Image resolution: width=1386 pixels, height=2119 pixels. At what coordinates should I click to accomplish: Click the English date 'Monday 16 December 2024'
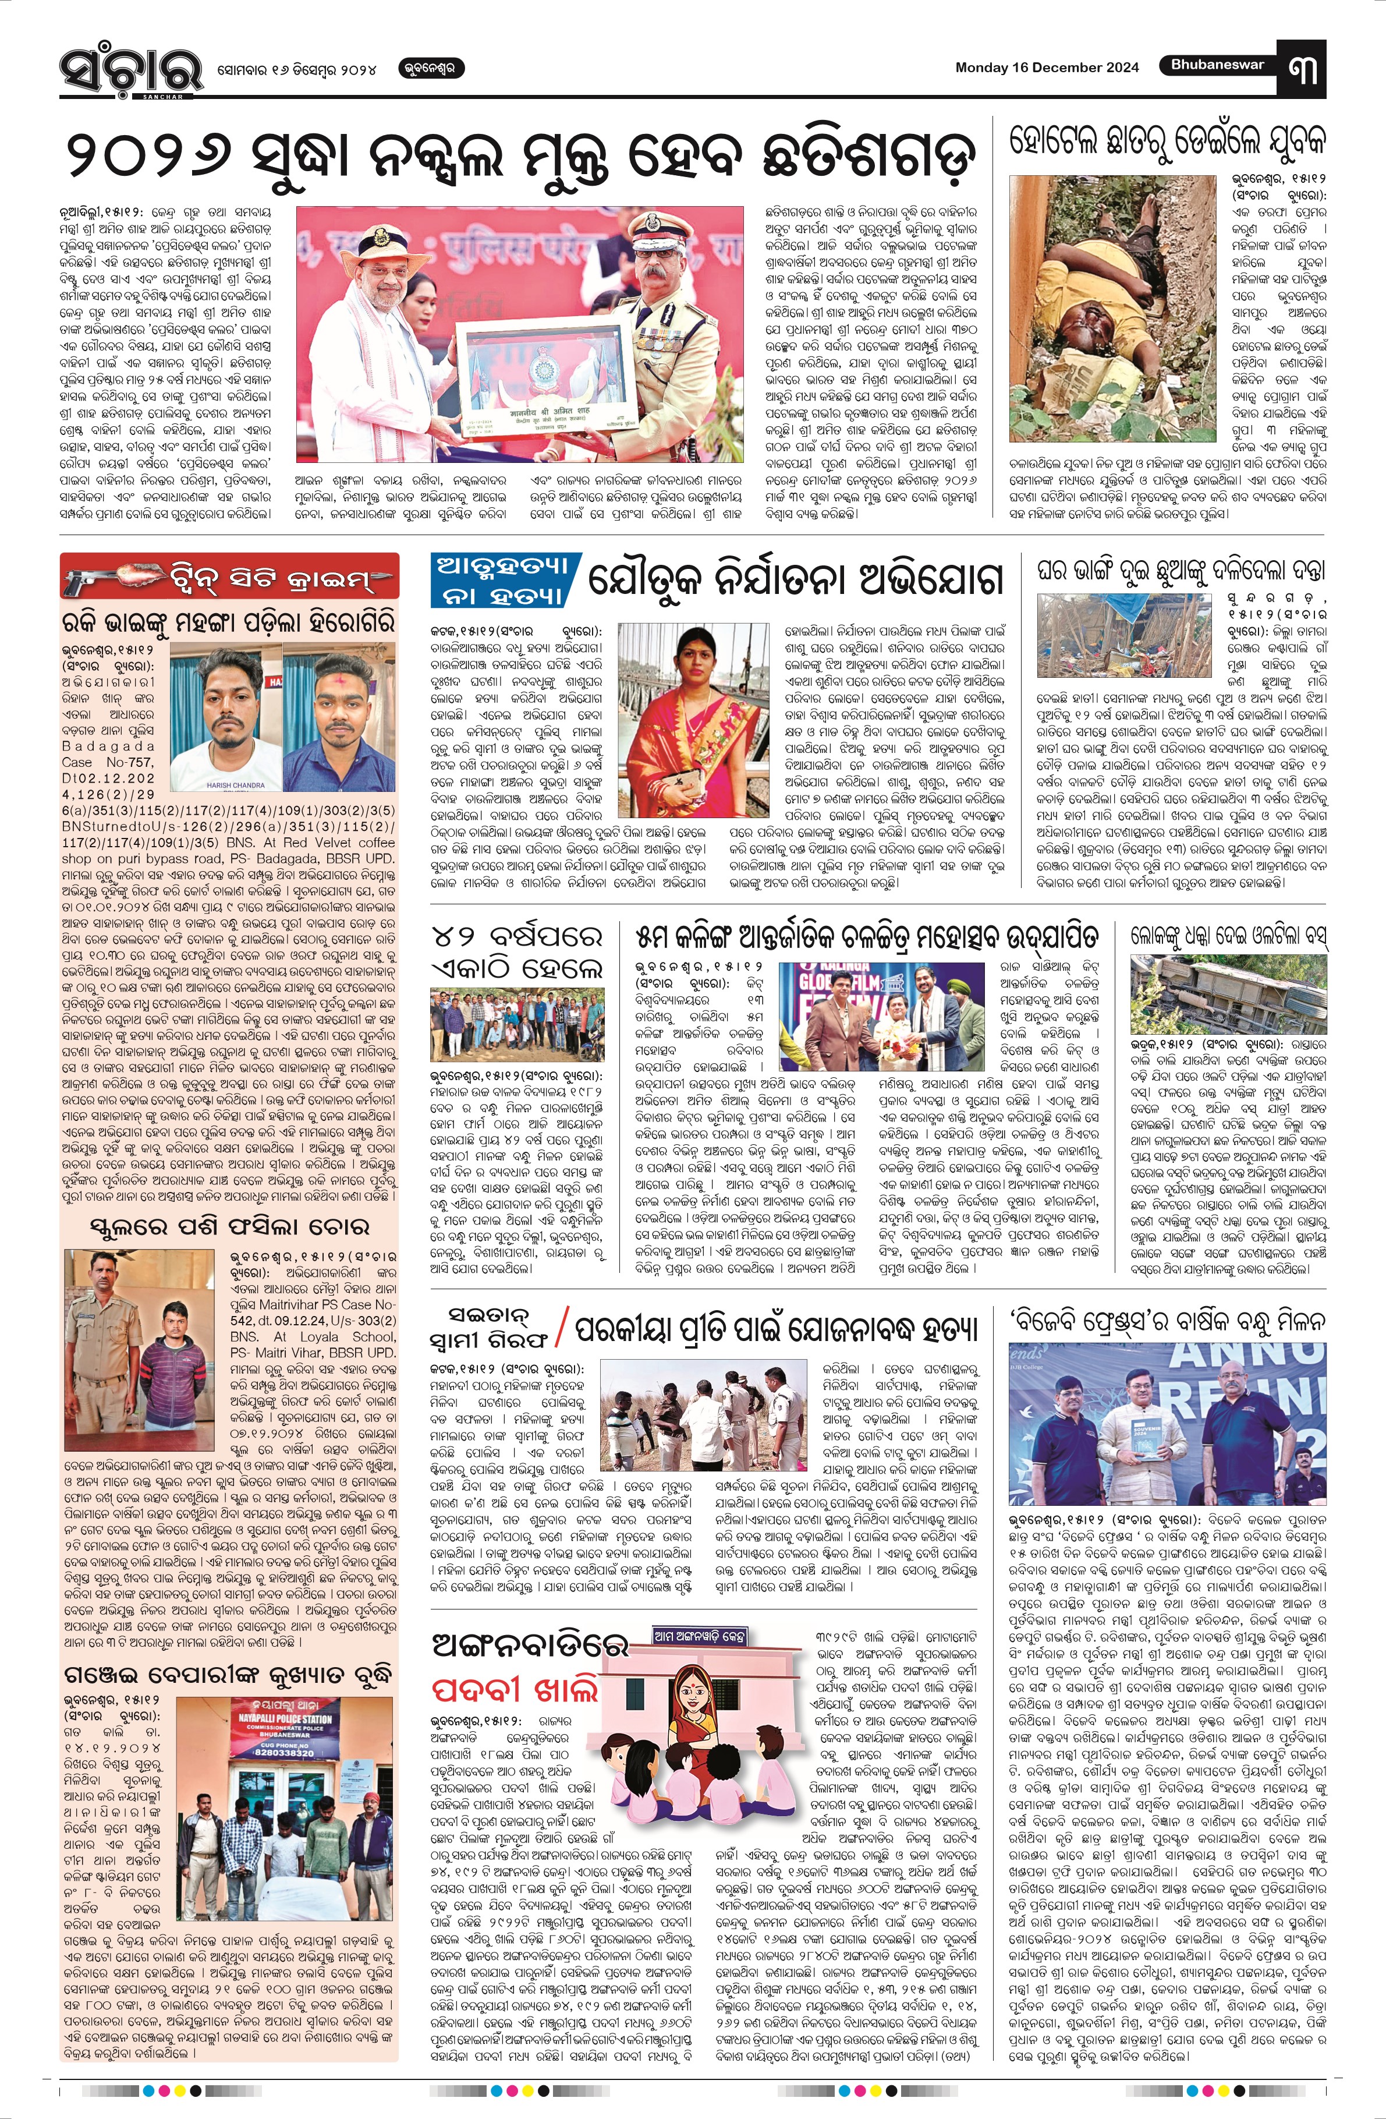click(x=1047, y=68)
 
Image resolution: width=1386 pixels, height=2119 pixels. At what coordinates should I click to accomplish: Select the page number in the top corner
click(x=1302, y=68)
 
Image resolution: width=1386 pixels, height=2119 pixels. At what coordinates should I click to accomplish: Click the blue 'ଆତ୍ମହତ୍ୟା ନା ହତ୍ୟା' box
click(x=506, y=579)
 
